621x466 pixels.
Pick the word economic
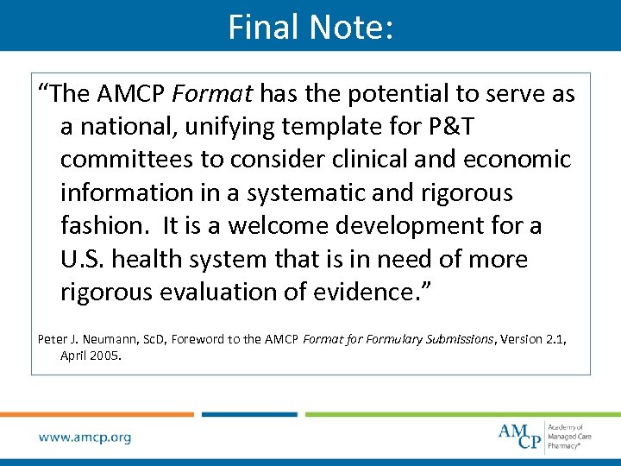coord(516,159)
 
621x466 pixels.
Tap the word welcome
coord(278,225)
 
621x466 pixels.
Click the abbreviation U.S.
coord(83,258)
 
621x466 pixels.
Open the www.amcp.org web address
coord(85,438)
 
